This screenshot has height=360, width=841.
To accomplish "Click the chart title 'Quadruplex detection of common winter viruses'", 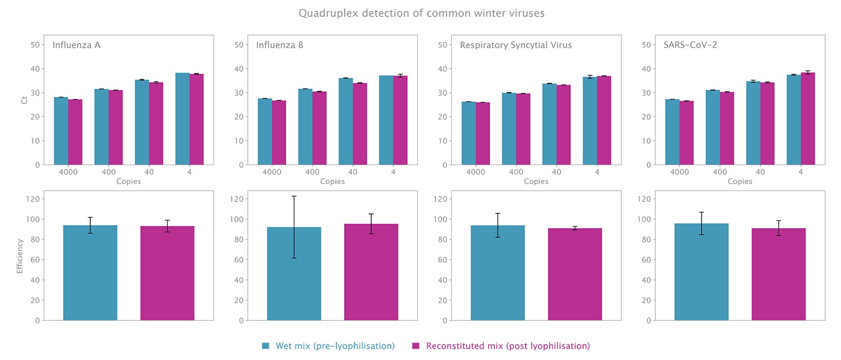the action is click(x=421, y=13).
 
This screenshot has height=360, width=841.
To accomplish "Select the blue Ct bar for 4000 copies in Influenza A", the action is click(x=61, y=131).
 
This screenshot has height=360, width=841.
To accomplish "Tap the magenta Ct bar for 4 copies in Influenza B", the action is click(x=400, y=120).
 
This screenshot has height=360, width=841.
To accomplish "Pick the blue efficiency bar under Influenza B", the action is click(x=294, y=274).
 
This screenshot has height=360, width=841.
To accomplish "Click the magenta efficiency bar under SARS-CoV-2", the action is click(x=778, y=274).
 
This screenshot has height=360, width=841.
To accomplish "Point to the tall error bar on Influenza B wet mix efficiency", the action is click(x=294, y=227).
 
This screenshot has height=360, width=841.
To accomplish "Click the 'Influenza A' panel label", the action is click(x=76, y=45).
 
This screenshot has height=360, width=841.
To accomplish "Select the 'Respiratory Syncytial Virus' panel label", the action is click(x=516, y=45).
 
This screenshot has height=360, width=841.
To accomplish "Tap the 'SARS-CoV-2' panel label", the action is click(x=690, y=45).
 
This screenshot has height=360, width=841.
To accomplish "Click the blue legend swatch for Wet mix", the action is click(x=266, y=346).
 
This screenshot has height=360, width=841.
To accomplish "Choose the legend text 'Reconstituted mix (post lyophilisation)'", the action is click(x=508, y=346).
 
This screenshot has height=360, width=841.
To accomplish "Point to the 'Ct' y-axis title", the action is click(x=25, y=100).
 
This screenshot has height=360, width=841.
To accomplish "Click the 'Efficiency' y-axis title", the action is click(x=19, y=256).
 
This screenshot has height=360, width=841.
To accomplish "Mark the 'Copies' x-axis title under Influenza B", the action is click(x=332, y=182).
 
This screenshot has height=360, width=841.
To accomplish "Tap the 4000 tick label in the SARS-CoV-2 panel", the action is click(x=679, y=172).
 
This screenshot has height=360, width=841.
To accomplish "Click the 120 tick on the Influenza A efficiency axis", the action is click(x=33, y=199).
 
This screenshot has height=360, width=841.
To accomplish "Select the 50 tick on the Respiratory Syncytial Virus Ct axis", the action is click(x=442, y=45).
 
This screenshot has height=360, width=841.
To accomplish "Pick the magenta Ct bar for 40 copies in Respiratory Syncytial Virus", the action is click(x=564, y=125).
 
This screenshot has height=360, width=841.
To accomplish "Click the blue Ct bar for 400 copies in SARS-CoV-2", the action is click(x=713, y=128).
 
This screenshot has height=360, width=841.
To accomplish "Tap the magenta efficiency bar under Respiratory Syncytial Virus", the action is click(x=575, y=274).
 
